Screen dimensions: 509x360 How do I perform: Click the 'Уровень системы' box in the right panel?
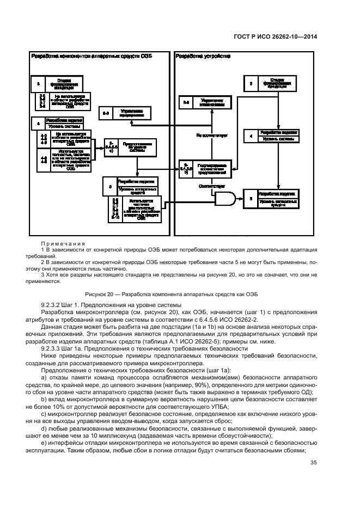pyautogui.click(x=278, y=139)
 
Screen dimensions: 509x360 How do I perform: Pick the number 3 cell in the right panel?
pyautogui.click(x=250, y=84)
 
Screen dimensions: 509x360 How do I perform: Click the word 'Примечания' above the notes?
pyautogui.click(x=59, y=243)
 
